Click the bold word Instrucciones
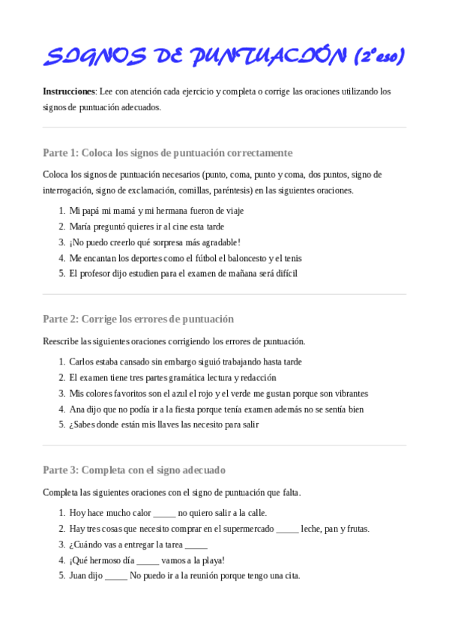click(69, 91)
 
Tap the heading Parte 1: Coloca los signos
click(167, 153)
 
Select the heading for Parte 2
click(138, 319)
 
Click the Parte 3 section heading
click(134, 470)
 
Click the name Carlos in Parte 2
click(82, 361)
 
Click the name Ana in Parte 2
click(76, 409)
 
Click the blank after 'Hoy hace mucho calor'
click(164, 514)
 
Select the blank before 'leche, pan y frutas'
click(287, 529)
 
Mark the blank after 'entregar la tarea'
click(196, 545)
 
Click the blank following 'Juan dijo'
click(116, 577)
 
